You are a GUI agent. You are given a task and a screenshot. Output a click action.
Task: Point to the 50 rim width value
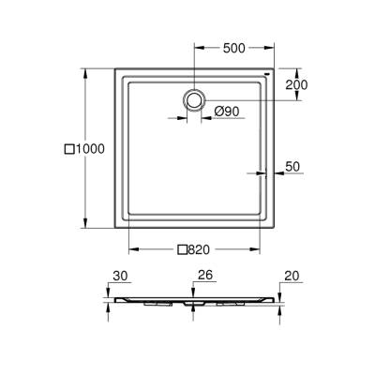point(292,166)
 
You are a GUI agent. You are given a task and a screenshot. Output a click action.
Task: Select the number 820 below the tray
point(197,249)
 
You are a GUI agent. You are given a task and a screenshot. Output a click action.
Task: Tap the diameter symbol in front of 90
point(215,112)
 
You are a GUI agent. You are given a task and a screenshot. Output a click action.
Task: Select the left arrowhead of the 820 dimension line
point(130,249)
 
